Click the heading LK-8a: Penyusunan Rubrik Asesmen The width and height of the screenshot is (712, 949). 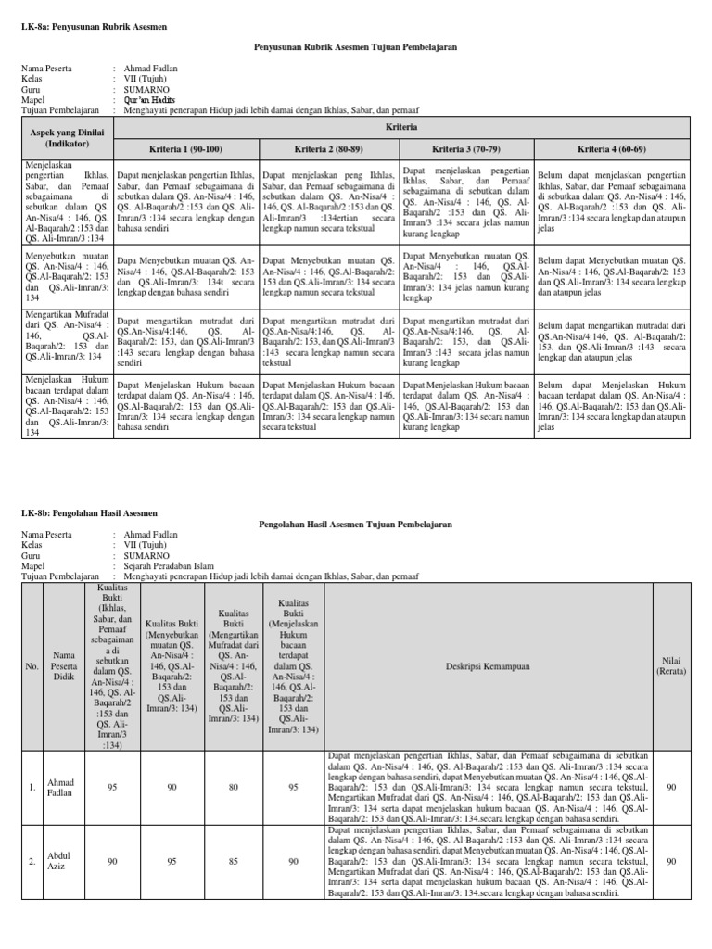pyautogui.click(x=94, y=27)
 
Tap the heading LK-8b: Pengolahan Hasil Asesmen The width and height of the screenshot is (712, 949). pyautogui.click(x=89, y=512)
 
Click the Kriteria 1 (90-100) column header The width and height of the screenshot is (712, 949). pyautogui.click(x=187, y=148)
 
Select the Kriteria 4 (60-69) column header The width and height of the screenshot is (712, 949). pyautogui.click(x=611, y=148)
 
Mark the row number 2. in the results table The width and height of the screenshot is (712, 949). pyautogui.click(x=32, y=861)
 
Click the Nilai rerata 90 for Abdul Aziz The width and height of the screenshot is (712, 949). pyautogui.click(x=672, y=861)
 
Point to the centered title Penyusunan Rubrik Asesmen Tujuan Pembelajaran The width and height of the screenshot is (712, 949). pyautogui.click(x=355, y=46)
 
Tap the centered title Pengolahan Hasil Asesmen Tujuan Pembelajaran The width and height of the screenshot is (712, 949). pyautogui.click(x=355, y=525)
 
